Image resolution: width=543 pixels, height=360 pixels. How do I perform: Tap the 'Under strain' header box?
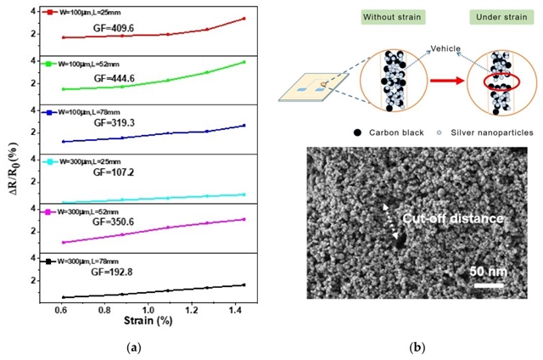tap(495, 18)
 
